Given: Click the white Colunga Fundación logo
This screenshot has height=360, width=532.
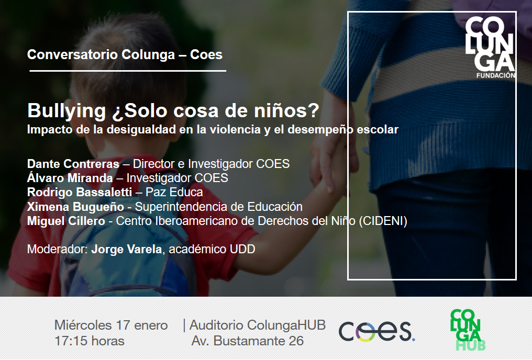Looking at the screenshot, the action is (490, 48).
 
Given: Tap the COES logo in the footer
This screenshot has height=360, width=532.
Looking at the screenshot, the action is (376, 331).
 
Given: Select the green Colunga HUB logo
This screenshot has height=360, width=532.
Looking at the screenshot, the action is (467, 330).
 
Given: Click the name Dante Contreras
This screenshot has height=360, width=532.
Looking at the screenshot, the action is (73, 164).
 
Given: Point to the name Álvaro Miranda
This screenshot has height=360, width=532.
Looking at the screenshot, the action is (70, 178).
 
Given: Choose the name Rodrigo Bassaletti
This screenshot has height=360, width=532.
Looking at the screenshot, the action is (80, 192).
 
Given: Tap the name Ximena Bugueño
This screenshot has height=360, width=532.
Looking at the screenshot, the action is (75, 207).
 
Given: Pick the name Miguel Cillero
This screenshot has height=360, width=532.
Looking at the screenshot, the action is (66, 221).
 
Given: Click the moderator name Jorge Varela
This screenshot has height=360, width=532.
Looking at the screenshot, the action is (127, 250).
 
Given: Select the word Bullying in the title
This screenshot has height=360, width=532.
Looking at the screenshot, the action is (66, 111).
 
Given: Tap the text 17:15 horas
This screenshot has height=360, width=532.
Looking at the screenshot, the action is (89, 341).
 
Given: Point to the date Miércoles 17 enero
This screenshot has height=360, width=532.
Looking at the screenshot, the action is (111, 325).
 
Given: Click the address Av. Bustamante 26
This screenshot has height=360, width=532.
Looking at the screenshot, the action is (247, 341).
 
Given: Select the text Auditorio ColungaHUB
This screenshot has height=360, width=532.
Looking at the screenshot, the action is (258, 325).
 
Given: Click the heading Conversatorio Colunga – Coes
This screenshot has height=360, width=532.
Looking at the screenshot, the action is (125, 55).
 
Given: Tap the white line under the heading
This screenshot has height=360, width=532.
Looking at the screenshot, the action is (128, 71).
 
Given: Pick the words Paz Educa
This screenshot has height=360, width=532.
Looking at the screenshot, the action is (174, 192).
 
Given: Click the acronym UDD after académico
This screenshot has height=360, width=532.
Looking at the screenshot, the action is (242, 250).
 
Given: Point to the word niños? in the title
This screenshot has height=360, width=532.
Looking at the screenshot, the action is (291, 111).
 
